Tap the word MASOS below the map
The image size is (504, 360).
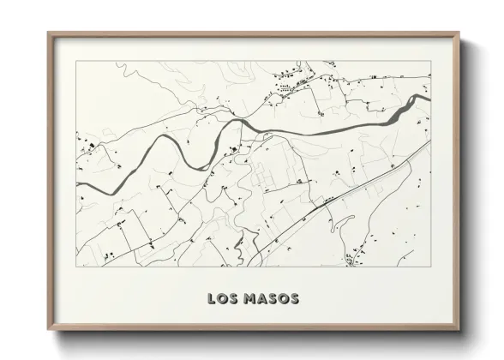click(x=270, y=299)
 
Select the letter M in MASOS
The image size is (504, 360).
click(x=248, y=299)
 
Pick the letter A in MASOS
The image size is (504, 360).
click(x=260, y=299)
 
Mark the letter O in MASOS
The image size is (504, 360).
click(x=282, y=299)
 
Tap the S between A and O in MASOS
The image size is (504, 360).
click(x=271, y=299)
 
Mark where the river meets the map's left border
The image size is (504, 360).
click(x=78, y=184)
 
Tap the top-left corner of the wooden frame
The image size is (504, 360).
click(x=48, y=33)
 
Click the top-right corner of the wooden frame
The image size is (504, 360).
click(x=459, y=33)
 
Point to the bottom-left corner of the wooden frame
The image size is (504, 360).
click(x=48, y=328)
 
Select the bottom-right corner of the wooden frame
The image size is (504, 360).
click(x=459, y=328)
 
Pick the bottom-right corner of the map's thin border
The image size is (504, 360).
click(x=430, y=267)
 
